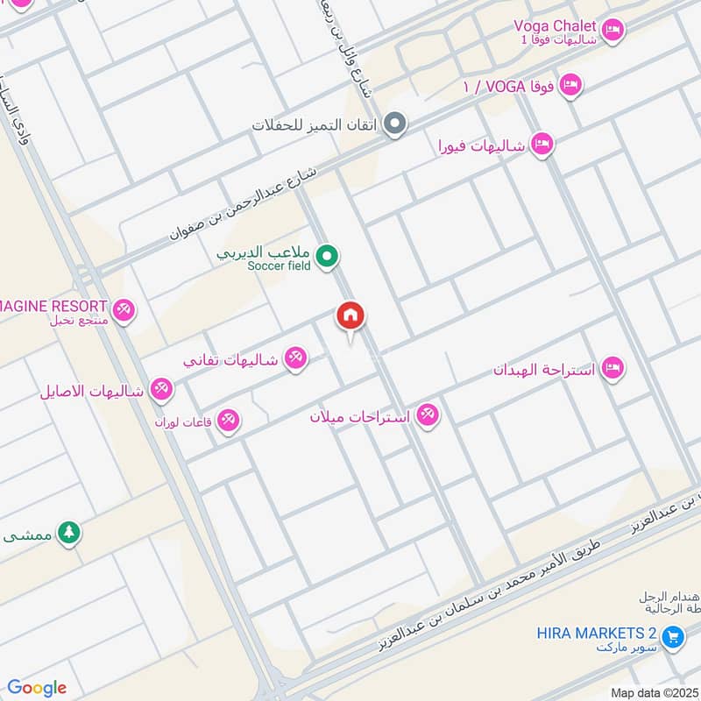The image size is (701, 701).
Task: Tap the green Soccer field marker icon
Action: click(x=328, y=258)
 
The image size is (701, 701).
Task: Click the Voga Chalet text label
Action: click(x=555, y=26)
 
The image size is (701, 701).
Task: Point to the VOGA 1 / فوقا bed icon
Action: click(x=570, y=86)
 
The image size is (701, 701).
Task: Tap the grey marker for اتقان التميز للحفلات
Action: click(x=396, y=124)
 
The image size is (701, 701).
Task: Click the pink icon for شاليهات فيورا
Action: click(x=542, y=145)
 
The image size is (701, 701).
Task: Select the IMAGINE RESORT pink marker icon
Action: click(x=124, y=310)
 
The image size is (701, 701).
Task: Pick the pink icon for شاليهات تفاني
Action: click(x=296, y=359)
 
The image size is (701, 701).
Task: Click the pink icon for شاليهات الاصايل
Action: click(x=161, y=390)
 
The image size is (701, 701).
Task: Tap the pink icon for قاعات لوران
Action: click(x=229, y=421)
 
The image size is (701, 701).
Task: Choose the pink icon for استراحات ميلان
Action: click(x=427, y=415)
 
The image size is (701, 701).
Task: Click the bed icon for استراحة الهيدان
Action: click(x=613, y=369)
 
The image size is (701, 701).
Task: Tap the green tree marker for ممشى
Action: click(x=68, y=533)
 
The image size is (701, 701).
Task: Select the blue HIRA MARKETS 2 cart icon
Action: click(x=672, y=636)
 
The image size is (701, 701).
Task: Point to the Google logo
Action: click(x=37, y=688)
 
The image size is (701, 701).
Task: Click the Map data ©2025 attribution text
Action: click(x=652, y=692)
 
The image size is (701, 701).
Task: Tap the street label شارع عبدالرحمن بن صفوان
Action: click(x=253, y=204)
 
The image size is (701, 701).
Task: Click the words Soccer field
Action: click(x=279, y=266)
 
